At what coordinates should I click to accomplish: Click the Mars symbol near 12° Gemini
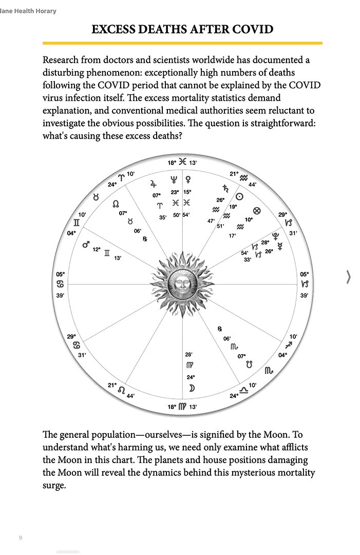[86, 245]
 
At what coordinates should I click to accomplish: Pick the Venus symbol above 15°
[188, 180]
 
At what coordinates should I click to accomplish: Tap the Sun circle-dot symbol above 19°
[239, 196]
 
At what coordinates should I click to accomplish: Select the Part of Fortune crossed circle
[257, 211]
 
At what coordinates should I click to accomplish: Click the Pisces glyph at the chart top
[182, 162]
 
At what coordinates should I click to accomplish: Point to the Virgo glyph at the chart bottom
[182, 406]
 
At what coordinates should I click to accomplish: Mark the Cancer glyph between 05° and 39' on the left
[61, 284]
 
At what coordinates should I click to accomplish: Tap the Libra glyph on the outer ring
[243, 391]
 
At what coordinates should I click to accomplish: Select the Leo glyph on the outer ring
[121, 390]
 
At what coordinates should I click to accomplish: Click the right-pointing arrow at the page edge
[349, 277]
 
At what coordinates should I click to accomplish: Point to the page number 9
[21, 538]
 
